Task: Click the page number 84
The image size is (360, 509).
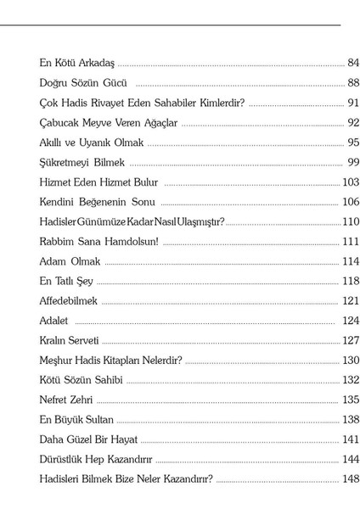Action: coord(353,63)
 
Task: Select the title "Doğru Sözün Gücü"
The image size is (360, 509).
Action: coord(83,82)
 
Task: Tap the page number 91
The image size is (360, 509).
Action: coord(353,103)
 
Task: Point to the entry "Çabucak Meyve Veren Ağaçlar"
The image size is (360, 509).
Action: coord(109,122)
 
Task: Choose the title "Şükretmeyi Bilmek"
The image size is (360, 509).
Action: coord(82,162)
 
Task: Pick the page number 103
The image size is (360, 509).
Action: coord(351,182)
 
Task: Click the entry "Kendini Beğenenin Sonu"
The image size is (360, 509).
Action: coord(97,202)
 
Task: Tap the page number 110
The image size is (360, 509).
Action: coord(351,221)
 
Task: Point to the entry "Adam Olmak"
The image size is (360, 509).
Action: coord(70,261)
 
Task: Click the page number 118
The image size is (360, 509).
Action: coord(351,281)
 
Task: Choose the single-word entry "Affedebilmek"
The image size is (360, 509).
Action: coord(70,300)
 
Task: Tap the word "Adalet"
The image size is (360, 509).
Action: coord(55,321)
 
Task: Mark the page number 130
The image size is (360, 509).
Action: coord(351,360)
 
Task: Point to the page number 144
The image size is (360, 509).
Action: coord(351,459)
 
